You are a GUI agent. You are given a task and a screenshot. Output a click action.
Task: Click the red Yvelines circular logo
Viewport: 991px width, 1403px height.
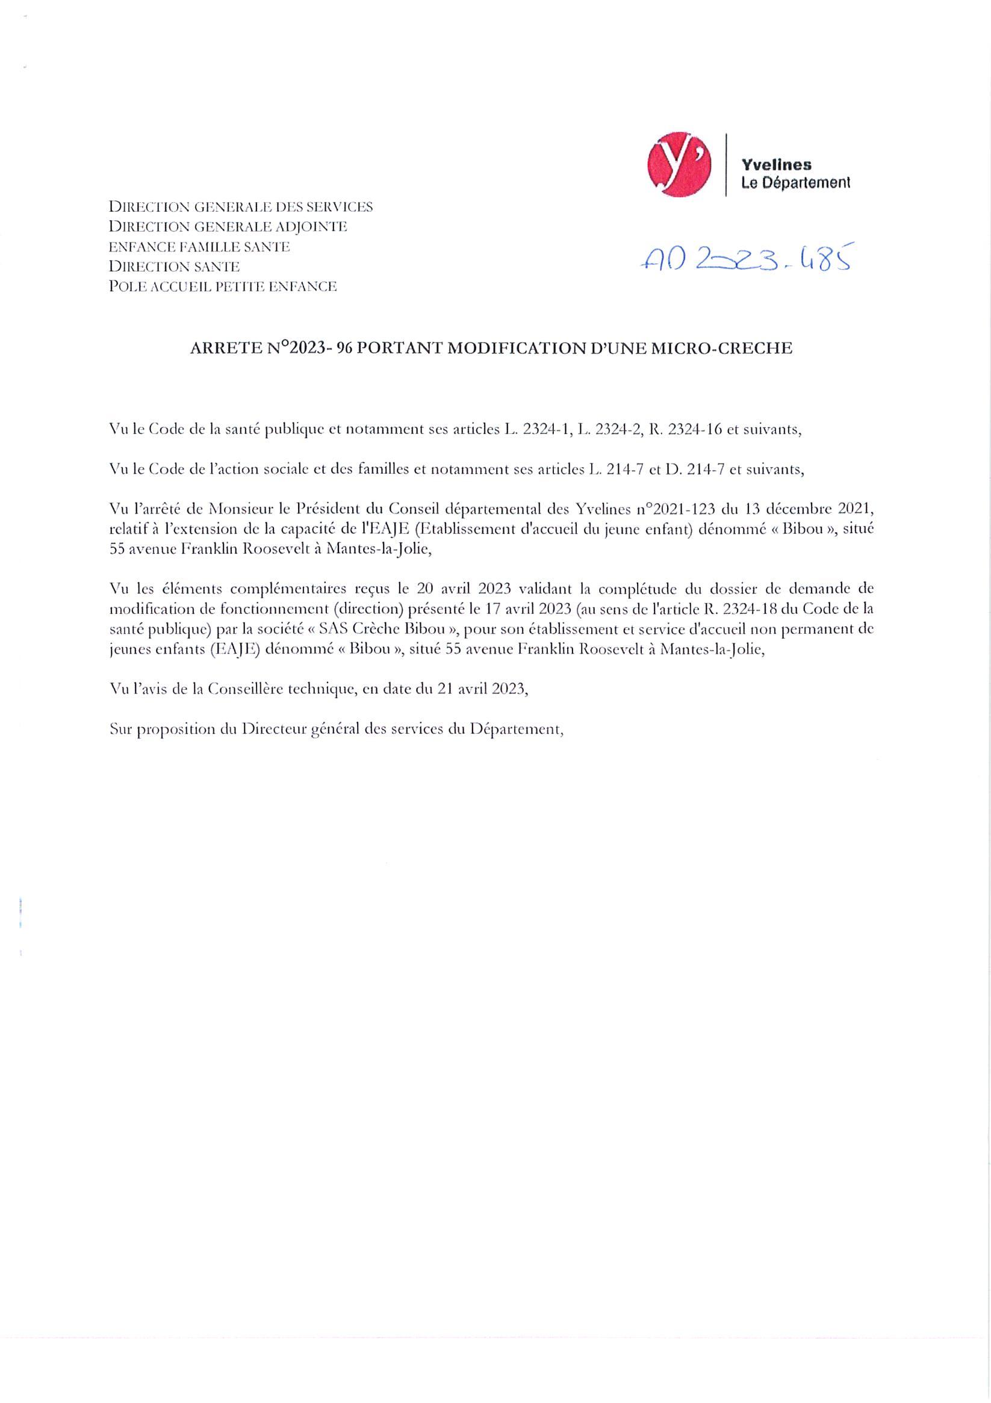click(x=679, y=163)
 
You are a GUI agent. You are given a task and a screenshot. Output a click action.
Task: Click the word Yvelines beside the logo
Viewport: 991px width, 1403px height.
click(x=777, y=164)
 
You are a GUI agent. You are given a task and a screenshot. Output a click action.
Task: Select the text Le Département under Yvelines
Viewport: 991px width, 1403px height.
click(x=795, y=182)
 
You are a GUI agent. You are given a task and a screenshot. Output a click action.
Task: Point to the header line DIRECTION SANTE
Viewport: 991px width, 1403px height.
click(x=173, y=267)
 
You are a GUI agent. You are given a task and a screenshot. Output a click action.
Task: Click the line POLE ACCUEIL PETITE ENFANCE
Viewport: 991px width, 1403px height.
click(x=223, y=286)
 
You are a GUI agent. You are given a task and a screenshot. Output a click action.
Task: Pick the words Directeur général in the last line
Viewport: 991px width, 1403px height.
click(x=301, y=729)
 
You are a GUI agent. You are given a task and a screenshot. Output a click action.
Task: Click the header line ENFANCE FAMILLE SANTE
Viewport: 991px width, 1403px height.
click(x=199, y=247)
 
